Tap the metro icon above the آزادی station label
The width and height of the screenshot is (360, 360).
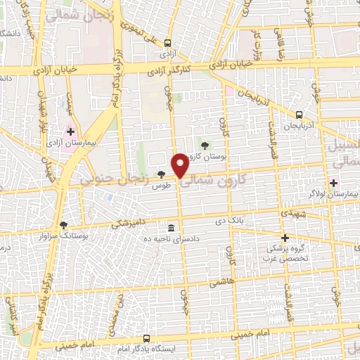(167, 43)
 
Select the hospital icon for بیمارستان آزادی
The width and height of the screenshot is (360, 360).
(70, 131)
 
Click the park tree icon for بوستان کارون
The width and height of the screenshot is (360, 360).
(205, 146)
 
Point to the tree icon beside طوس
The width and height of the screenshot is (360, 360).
(162, 174)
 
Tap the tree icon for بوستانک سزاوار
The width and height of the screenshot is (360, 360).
(64, 225)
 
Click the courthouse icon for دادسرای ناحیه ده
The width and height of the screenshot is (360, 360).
(172, 228)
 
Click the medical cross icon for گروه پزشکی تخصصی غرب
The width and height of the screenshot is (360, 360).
(285, 238)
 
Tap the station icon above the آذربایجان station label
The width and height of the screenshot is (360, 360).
(300, 115)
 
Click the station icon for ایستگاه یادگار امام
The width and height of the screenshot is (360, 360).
(146, 338)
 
